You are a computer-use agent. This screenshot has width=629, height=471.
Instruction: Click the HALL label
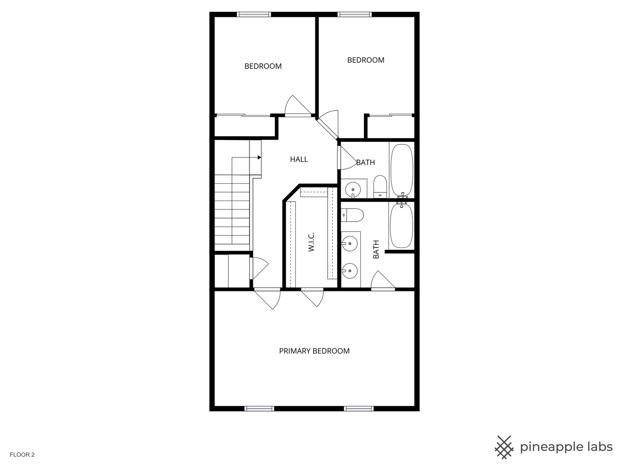tap(299, 160)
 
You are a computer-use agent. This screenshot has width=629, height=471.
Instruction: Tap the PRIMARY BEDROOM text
tap(314, 351)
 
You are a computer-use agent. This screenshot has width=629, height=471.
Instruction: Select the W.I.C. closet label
tap(311, 242)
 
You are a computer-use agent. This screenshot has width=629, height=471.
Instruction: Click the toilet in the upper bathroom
tap(380, 186)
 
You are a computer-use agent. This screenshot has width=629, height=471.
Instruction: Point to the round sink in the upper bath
tap(353, 190)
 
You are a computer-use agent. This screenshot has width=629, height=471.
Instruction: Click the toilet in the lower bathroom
tap(353, 215)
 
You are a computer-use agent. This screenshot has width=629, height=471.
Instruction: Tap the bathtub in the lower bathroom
tap(401, 225)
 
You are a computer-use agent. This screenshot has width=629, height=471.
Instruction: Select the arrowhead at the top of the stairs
tap(259, 157)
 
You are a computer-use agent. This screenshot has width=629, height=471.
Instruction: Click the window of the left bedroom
tap(254, 14)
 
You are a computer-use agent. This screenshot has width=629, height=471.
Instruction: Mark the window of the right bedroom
tap(355, 14)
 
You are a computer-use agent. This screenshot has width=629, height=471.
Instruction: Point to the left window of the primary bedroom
tap(259, 409)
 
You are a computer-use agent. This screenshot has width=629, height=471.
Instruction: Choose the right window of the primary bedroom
tap(359, 409)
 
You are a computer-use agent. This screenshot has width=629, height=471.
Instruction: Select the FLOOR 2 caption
tap(22, 455)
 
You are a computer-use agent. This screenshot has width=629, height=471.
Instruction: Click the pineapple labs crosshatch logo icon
tap(504, 447)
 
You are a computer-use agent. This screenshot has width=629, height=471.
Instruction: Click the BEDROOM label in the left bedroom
tap(263, 66)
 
